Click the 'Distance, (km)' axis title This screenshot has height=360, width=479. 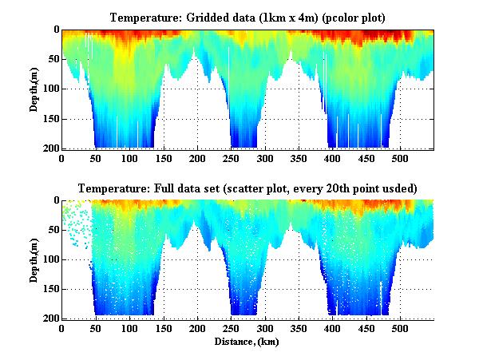point(247,342)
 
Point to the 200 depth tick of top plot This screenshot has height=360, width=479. point(51,148)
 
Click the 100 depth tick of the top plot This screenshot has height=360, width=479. point(51,89)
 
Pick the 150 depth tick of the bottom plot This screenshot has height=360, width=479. point(51,289)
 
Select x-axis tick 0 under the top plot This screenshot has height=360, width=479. point(61,158)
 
